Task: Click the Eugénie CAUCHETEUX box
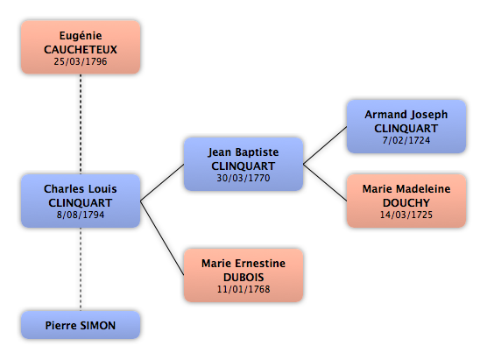81,47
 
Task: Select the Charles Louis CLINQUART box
81,201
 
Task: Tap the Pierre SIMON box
81,325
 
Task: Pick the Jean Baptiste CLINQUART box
243,164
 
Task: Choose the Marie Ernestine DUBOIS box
243,275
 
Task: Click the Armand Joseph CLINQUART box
406,126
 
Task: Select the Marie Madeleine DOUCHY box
406,201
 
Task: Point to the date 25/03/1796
81,61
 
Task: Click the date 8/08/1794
81,215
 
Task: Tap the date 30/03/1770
243,178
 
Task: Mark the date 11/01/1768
243,289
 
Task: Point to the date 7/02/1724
406,140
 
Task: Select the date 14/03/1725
406,215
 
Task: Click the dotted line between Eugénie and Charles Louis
81,124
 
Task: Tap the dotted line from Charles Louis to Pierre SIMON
81,269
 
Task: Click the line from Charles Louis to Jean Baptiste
162,182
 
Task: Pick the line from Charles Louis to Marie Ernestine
162,238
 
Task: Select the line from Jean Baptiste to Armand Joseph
325,145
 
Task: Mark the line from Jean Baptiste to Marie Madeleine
325,182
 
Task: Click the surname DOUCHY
406,203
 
